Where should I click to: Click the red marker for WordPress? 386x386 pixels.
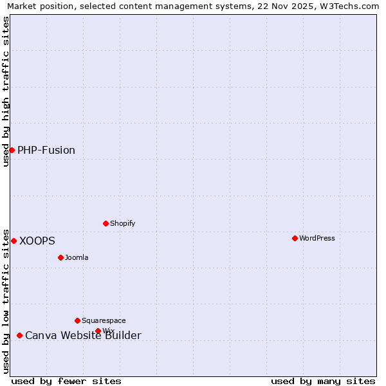[295, 238]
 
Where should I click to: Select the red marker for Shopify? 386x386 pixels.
[106, 223]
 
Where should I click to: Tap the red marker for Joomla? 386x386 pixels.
[60, 257]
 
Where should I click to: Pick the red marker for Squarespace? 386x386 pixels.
[77, 320]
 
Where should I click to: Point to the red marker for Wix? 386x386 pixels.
[98, 331]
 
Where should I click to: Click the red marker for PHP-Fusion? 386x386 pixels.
[12, 150]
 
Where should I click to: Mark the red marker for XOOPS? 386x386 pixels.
[14, 241]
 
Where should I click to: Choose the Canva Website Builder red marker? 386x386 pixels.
[19, 335]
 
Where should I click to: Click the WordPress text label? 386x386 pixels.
[317, 238]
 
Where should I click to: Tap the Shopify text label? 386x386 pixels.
[123, 223]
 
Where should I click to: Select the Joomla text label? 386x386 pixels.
[77, 257]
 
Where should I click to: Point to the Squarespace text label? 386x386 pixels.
[104, 320]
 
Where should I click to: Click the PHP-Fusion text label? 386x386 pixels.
[46, 150]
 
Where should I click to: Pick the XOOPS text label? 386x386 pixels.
[37, 241]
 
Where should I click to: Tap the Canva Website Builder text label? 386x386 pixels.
[83, 335]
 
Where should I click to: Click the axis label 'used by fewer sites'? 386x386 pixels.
[66, 381]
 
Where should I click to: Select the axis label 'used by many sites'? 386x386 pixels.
[323, 381]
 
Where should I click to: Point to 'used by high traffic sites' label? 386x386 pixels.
[6, 91]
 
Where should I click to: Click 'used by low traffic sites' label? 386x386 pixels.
[6, 300]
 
